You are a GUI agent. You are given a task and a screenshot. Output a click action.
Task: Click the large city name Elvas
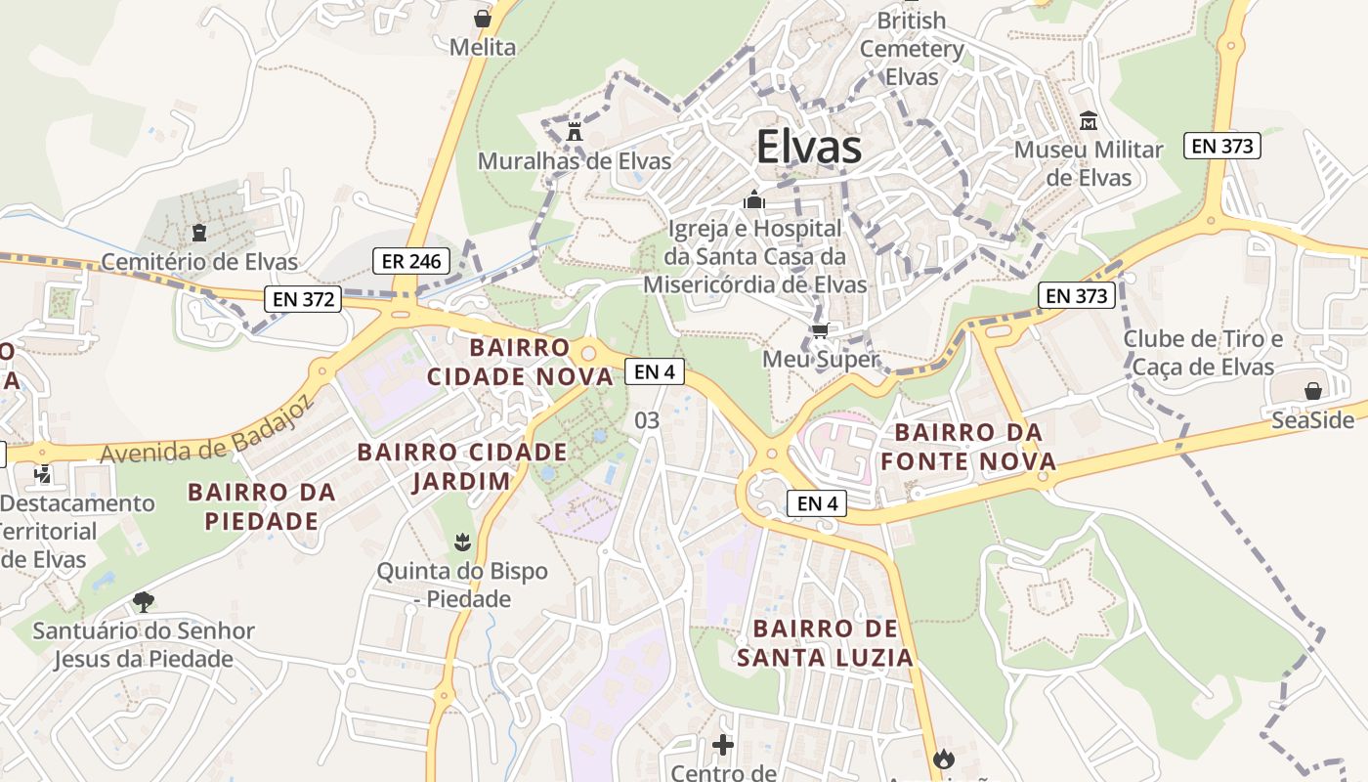pyautogui.click(x=809, y=148)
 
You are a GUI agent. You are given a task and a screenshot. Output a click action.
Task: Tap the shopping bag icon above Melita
pyautogui.click(x=483, y=18)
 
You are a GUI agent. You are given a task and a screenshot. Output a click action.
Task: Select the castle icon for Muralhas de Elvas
pyautogui.click(x=575, y=131)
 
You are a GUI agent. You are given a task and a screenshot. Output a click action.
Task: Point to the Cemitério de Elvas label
pyautogui.click(x=199, y=262)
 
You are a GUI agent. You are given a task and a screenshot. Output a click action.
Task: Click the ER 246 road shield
pyautogui.click(x=411, y=261)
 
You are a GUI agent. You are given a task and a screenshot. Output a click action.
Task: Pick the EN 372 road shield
pyautogui.click(x=304, y=299)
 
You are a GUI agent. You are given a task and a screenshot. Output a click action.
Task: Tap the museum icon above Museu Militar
pyautogui.click(x=1089, y=121)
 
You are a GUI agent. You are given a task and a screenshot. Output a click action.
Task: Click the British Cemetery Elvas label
pyautogui.click(x=912, y=48)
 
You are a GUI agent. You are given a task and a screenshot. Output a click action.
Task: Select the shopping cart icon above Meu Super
pyautogui.click(x=820, y=330)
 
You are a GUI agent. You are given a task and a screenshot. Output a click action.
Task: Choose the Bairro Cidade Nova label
pyautogui.click(x=519, y=362)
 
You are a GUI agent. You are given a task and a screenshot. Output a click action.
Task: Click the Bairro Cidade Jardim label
pyautogui.click(x=461, y=466)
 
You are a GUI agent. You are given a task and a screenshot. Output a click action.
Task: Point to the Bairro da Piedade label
pyautogui.click(x=262, y=505)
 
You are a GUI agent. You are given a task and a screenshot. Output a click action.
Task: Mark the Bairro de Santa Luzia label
pyautogui.click(x=825, y=642)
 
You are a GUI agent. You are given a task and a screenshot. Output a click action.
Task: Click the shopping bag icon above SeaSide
pyautogui.click(x=1313, y=391)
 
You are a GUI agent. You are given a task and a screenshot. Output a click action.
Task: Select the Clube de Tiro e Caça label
pyautogui.click(x=1202, y=353)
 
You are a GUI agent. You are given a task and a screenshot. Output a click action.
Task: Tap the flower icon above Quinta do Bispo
pyautogui.click(x=462, y=541)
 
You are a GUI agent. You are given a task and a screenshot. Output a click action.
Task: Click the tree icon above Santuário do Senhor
pyautogui.click(x=144, y=601)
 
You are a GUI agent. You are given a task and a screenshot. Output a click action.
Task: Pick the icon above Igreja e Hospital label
pyautogui.click(x=753, y=200)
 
